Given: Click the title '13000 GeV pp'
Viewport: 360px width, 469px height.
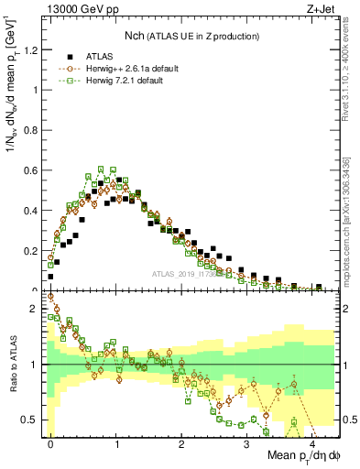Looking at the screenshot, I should [80, 9].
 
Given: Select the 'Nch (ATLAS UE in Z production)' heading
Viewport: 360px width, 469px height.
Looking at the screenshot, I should [191, 35].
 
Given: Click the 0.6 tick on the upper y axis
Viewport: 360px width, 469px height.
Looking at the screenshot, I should [33, 171].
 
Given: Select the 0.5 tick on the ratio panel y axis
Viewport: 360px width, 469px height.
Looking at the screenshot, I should [33, 420].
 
